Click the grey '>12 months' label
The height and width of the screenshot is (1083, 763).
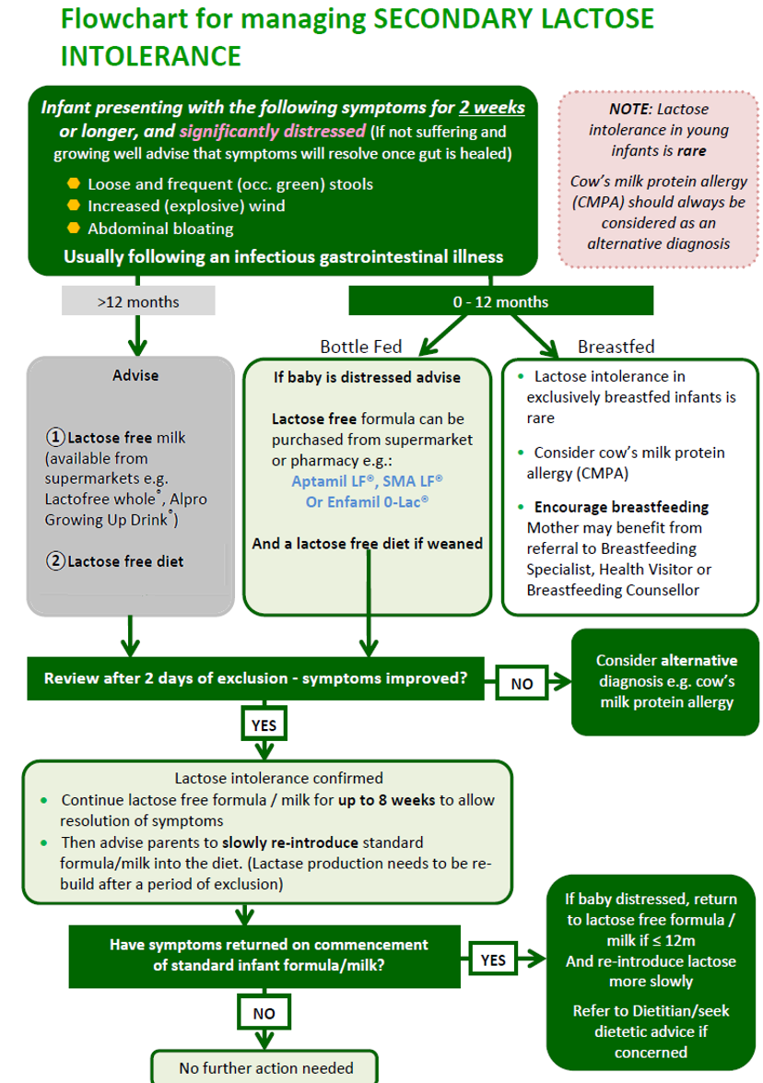(138, 301)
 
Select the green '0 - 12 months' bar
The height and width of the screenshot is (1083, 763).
(500, 301)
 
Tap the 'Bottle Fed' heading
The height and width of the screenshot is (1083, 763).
(361, 347)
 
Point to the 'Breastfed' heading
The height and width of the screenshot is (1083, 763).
(616, 347)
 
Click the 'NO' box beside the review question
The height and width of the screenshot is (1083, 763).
(522, 683)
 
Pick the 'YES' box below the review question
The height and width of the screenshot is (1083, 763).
(264, 725)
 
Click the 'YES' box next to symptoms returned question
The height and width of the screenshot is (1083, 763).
(493, 959)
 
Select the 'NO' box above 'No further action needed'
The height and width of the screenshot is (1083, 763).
(264, 1013)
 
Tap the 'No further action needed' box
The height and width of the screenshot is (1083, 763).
(265, 1067)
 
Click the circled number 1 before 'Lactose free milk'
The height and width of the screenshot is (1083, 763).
(55, 438)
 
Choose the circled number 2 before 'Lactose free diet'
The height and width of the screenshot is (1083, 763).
(55, 560)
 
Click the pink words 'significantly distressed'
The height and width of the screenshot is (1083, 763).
(273, 130)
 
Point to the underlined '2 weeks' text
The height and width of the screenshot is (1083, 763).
(492, 108)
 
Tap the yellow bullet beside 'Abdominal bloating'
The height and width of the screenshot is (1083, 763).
(74, 228)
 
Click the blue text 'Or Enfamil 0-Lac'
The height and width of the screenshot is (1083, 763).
(367, 502)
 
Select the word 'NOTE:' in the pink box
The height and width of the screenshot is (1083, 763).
(630, 109)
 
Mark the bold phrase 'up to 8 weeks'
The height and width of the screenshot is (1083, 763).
(385, 800)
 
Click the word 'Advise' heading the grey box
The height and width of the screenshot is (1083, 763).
(135, 375)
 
